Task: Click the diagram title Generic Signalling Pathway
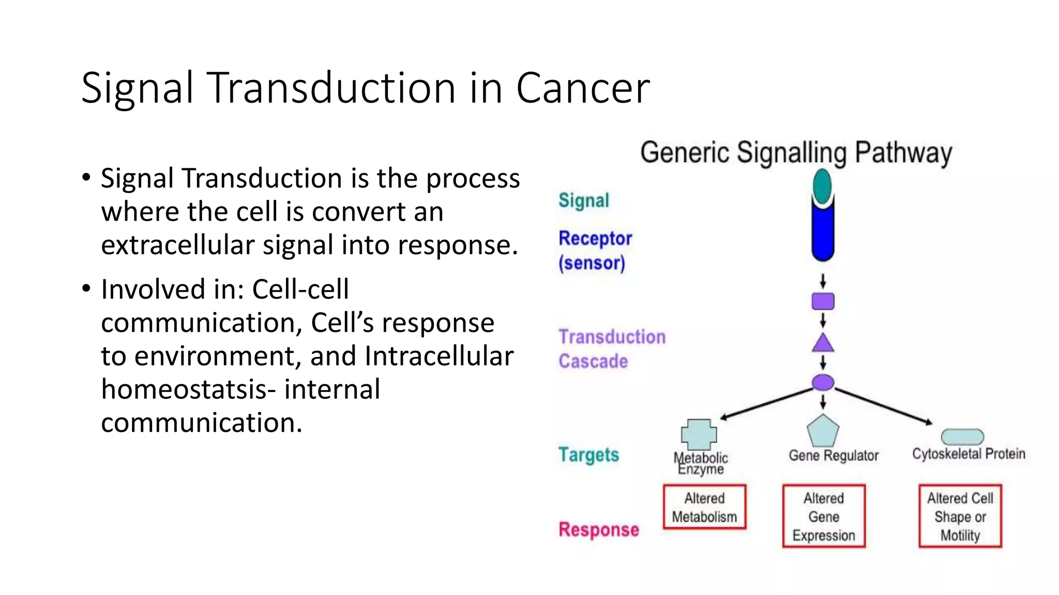[x=796, y=153]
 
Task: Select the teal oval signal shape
[x=822, y=185]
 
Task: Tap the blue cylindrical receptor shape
[x=822, y=232]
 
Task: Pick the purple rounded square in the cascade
[x=823, y=301]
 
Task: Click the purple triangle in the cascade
[x=823, y=343]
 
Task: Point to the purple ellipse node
[x=823, y=383]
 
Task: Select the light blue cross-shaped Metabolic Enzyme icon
[x=699, y=434]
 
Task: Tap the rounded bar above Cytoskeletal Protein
[x=962, y=437]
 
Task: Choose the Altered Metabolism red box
[x=704, y=507]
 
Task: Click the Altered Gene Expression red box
[x=824, y=516]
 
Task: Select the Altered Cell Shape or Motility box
[x=960, y=516]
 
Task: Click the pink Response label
[x=598, y=530]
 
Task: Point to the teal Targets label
[x=588, y=455]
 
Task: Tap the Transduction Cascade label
[x=611, y=349]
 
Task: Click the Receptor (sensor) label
[x=595, y=250]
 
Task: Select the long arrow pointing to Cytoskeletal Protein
[x=883, y=406]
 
